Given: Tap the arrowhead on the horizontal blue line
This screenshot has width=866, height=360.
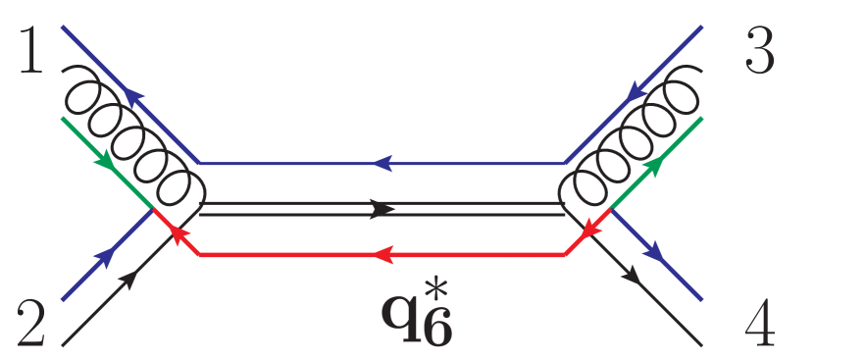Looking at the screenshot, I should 383,162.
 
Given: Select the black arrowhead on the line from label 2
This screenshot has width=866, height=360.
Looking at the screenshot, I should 128,282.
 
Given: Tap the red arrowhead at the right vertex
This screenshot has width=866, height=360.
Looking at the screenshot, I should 591,231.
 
